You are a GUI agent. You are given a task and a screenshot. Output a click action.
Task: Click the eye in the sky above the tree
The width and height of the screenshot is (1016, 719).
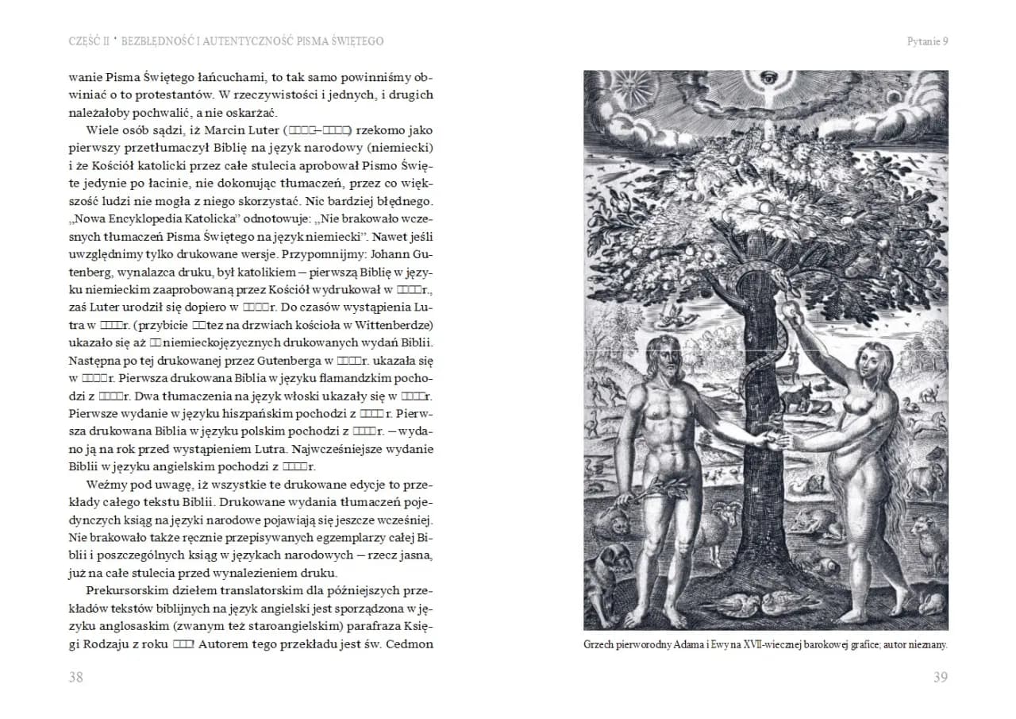(767, 79)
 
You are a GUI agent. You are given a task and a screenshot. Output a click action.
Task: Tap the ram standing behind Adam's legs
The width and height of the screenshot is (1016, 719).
(725, 525)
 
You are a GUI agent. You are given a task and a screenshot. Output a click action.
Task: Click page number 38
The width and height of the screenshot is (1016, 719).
(76, 677)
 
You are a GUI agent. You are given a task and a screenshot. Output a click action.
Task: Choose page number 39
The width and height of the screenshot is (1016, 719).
(940, 677)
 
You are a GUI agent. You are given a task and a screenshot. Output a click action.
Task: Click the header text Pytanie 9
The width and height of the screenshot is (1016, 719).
(927, 41)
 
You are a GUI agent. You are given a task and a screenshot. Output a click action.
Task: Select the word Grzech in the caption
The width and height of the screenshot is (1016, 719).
(600, 646)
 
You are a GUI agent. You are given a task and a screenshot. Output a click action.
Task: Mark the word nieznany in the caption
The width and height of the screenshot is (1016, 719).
(926, 646)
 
